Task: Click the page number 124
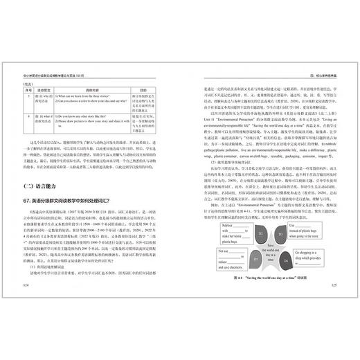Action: pyautogui.click(x=26, y=283)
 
